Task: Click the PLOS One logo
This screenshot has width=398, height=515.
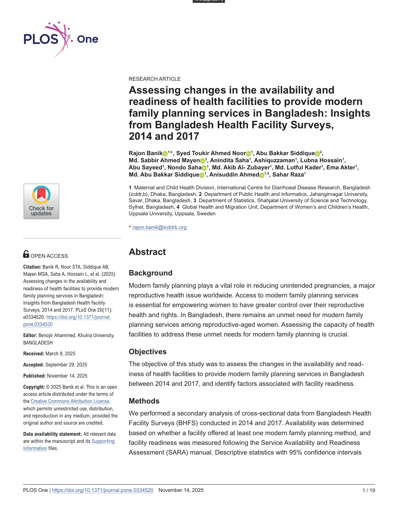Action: pyautogui.click(x=61, y=39)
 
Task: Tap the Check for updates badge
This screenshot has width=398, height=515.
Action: pyautogui.click(x=41, y=201)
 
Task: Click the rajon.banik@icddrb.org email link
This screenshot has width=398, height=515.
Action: pyautogui.click(x=159, y=227)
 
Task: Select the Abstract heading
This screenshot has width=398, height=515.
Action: pyautogui.click(x=147, y=252)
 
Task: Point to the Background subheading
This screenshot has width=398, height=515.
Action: pyautogui.click(x=151, y=273)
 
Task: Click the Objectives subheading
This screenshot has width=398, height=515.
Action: pyautogui.click(x=147, y=352)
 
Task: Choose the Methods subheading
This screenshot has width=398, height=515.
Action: pyautogui.click(x=144, y=401)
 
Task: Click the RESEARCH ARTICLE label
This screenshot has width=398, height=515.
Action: pyautogui.click(x=155, y=79)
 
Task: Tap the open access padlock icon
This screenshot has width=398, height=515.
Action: pyautogui.click(x=26, y=254)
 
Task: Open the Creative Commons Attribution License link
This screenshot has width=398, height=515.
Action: pyautogui.click(x=70, y=401)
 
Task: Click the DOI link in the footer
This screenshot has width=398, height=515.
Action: pyautogui.click(x=103, y=490)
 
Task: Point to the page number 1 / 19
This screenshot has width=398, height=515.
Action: pyautogui.click(x=368, y=490)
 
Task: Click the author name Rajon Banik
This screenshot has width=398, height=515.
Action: pyautogui.click(x=145, y=153)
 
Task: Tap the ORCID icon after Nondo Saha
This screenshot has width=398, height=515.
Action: pyautogui.click(x=204, y=168)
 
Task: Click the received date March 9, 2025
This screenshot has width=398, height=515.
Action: pyautogui.click(x=60, y=354)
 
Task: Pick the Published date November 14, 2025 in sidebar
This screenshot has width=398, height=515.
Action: pyautogui.click(x=67, y=376)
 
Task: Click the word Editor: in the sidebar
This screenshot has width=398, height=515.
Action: pyautogui.click(x=30, y=335)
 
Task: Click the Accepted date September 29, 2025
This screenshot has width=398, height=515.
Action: pyautogui.click(x=66, y=365)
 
